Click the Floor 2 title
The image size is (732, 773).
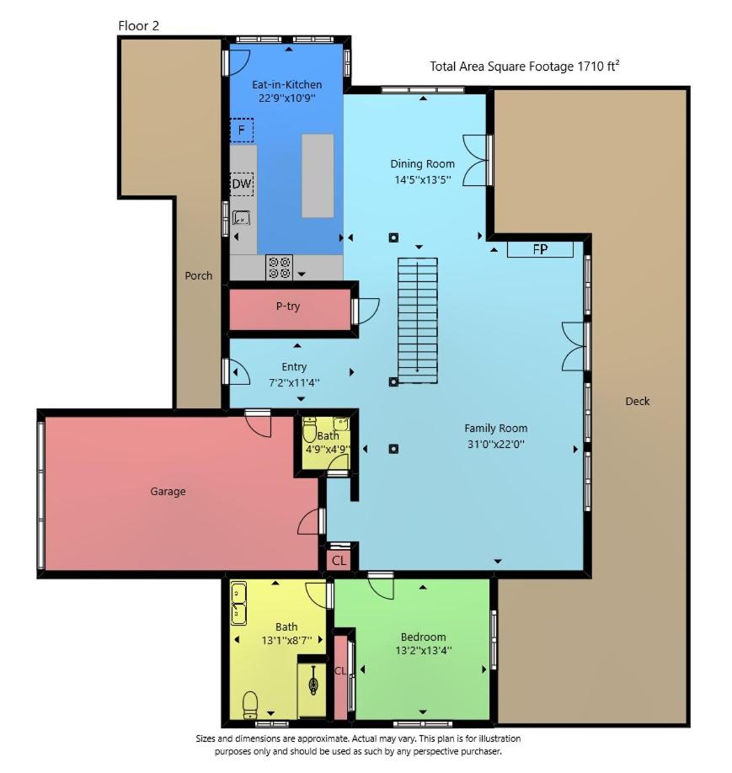[139, 25]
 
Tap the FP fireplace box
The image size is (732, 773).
[540, 249]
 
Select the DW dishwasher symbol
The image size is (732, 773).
[242, 184]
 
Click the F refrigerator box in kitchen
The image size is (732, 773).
[242, 131]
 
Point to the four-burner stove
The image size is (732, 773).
[279, 267]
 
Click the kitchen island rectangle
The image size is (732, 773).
[318, 176]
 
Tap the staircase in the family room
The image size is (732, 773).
[418, 320]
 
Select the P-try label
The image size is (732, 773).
[288, 307]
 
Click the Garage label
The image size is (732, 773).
[168, 491]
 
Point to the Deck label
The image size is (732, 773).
[638, 402]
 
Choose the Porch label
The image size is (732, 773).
[199, 275]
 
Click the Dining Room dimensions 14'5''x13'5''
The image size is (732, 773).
[423, 179]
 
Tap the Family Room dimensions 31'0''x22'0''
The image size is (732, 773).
[496, 444]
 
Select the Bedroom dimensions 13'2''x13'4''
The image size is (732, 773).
[423, 650]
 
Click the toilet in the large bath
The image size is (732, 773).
[250, 705]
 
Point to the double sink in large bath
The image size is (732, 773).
[238, 604]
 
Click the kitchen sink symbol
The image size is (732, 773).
[242, 217]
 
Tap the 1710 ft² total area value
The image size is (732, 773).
[598, 66]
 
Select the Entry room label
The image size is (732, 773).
[294, 367]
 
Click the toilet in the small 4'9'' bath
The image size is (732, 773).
[309, 429]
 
